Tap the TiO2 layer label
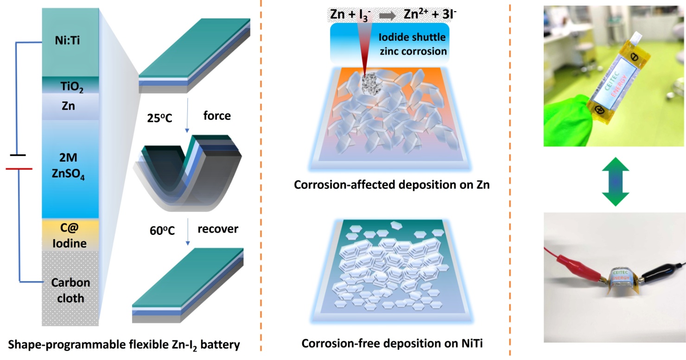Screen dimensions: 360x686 (70, 86)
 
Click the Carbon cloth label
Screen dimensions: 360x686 (70, 290)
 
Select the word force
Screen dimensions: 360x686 (217, 115)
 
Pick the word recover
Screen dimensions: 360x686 (217, 229)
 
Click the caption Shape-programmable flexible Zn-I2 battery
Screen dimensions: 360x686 (124, 345)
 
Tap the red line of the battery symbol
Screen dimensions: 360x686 (19, 169)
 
